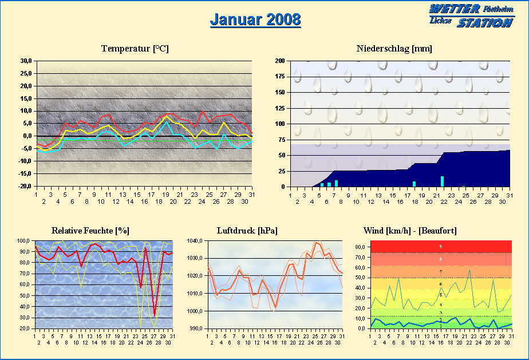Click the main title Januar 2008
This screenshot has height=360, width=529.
point(255,19)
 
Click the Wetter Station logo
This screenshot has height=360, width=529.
point(471,15)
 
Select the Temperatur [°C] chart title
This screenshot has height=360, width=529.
point(135,49)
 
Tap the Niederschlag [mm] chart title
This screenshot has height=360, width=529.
point(394,49)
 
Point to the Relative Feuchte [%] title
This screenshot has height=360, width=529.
point(90,231)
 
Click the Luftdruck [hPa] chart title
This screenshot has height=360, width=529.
point(247,231)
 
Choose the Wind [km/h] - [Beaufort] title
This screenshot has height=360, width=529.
point(410,231)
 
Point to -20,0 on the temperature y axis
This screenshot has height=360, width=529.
point(25,187)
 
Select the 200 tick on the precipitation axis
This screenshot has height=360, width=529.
point(280,61)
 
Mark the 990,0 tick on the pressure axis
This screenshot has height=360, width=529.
point(196,329)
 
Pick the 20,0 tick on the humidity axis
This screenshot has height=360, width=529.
point(23,329)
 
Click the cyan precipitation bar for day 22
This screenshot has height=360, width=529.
point(442,181)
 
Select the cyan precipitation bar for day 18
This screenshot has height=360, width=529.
point(414,184)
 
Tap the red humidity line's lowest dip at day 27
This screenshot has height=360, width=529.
point(155,314)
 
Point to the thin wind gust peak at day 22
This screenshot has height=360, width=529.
point(469,270)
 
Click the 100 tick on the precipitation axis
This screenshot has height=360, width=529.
point(280,124)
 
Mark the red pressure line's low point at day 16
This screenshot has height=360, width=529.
point(275,307)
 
